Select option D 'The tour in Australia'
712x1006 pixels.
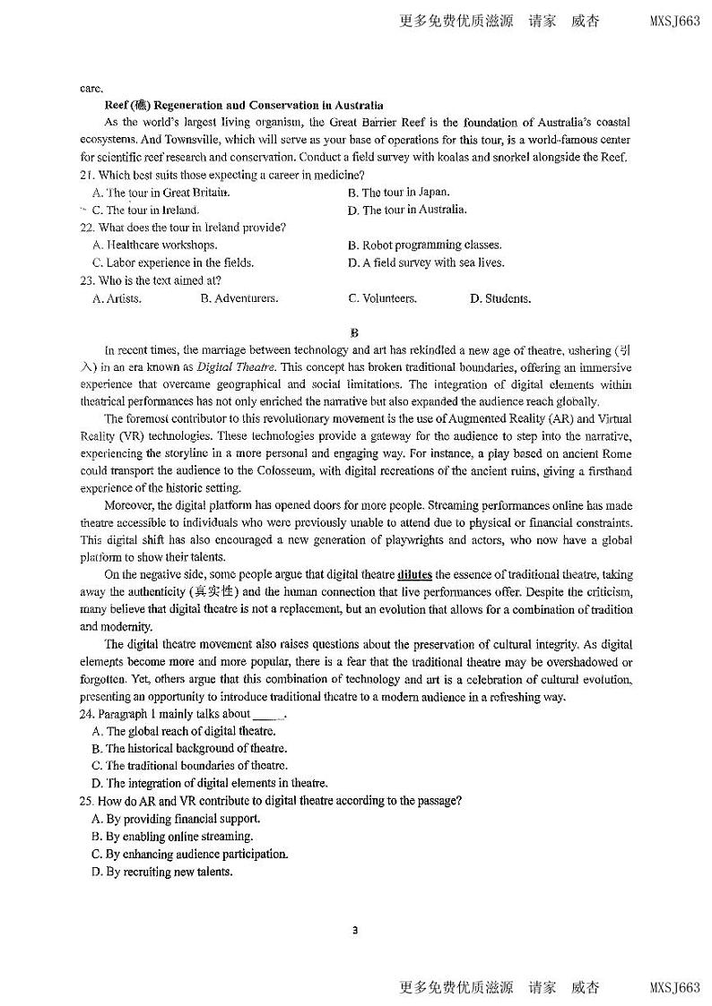click(x=407, y=210)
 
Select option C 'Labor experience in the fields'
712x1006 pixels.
click(x=173, y=262)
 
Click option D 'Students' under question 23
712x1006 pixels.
click(x=499, y=298)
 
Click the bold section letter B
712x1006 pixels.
click(x=355, y=332)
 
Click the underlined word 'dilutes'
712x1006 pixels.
click(x=414, y=574)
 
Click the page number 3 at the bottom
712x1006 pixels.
click(x=355, y=930)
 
